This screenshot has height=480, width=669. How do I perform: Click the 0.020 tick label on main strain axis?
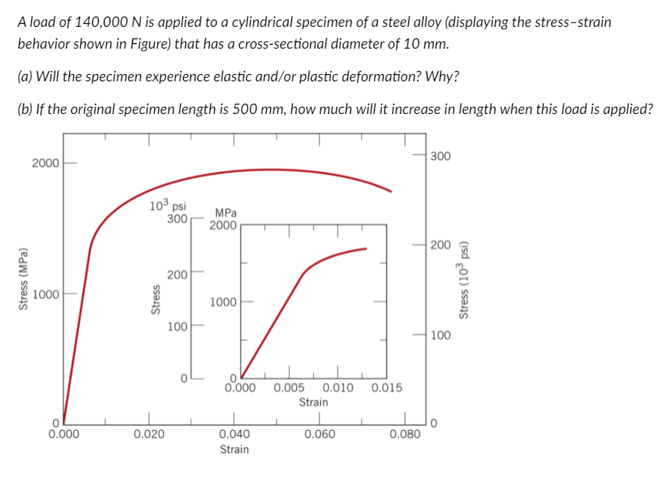[x=149, y=434]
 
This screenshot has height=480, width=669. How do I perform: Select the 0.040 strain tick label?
[x=234, y=434]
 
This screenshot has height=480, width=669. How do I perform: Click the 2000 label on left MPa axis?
[x=46, y=163]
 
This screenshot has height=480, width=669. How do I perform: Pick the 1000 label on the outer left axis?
[x=46, y=295]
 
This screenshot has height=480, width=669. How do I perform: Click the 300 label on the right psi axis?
[x=440, y=156]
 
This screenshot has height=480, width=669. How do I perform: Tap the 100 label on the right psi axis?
[x=440, y=335]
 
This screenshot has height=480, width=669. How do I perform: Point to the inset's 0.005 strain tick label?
[x=289, y=387]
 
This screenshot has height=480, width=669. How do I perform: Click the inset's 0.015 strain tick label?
[x=386, y=387]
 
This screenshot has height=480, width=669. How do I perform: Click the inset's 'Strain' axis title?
[x=313, y=402]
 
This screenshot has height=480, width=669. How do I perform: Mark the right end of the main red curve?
[x=391, y=191]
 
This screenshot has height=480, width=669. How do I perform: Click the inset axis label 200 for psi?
[x=175, y=274]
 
